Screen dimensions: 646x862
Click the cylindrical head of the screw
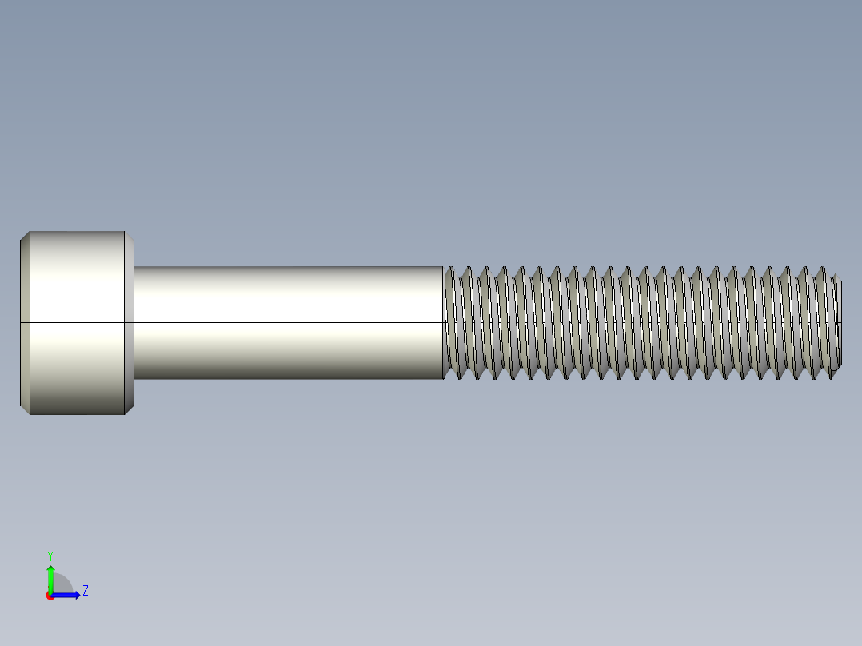(x=76, y=322)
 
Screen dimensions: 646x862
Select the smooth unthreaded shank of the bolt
(x=288, y=322)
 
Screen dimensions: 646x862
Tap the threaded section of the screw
(x=640, y=322)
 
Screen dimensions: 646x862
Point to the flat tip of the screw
(x=840, y=322)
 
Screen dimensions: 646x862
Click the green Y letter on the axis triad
(x=50, y=555)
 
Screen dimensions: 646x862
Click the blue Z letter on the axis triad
(x=86, y=592)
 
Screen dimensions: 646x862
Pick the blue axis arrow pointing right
(x=69, y=595)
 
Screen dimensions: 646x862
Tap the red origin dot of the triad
(x=50, y=596)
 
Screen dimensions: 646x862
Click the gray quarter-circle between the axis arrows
(x=62, y=585)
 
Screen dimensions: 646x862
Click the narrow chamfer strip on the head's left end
(x=24, y=322)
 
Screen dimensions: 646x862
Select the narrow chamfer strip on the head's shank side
(x=130, y=322)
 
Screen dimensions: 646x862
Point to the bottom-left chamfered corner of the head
(x=24, y=409)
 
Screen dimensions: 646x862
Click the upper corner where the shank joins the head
(x=134, y=267)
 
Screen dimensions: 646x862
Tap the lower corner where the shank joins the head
(x=134, y=378)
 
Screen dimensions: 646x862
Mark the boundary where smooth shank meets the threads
(x=444, y=322)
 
